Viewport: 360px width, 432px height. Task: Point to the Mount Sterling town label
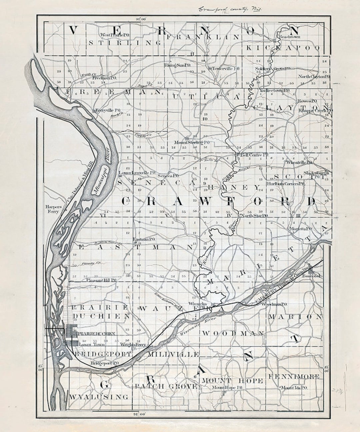189,142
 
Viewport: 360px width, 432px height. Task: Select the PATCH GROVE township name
166,386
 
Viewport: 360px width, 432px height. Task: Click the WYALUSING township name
99,397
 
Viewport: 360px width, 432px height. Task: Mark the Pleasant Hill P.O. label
101,280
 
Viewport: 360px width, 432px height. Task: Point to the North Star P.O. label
254,216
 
